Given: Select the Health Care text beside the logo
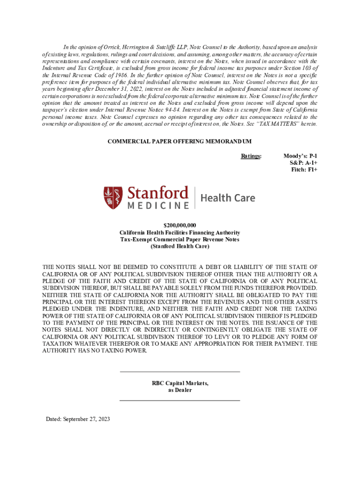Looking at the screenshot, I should (x=228, y=198).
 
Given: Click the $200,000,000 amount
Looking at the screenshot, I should (x=180, y=225).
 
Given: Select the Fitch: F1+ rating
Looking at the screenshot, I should (x=304, y=170).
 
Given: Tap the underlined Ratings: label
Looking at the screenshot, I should (x=251, y=156).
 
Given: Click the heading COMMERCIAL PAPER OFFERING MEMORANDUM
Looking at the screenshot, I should (x=180, y=141).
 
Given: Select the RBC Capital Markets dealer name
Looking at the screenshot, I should (x=180, y=384).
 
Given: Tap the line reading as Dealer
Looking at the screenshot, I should (x=180, y=390).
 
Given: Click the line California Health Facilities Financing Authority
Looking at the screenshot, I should (x=180, y=232).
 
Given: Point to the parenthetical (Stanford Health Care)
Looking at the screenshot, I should (x=180, y=246).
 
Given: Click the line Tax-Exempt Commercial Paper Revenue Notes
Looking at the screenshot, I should (x=180, y=239).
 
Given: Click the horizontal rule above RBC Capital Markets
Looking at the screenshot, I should (x=180, y=372).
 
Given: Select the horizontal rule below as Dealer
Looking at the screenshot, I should (x=180, y=401).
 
